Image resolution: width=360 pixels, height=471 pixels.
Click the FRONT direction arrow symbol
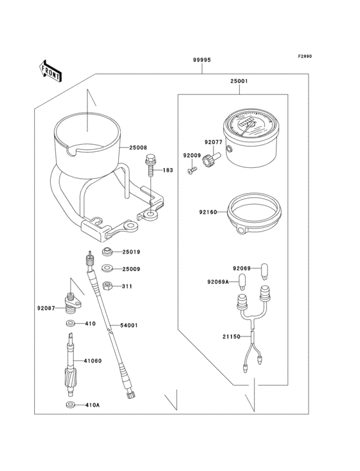click(x=51, y=70)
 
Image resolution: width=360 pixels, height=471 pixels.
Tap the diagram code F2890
click(x=304, y=57)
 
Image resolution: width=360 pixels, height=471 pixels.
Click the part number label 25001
click(x=239, y=82)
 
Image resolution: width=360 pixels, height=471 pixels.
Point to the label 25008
click(x=138, y=147)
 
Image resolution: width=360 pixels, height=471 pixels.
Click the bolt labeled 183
click(x=150, y=166)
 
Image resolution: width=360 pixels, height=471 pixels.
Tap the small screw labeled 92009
click(x=191, y=170)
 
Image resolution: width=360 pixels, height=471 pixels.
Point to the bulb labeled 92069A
click(x=243, y=280)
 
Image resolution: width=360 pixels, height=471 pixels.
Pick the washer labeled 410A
click(x=70, y=405)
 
